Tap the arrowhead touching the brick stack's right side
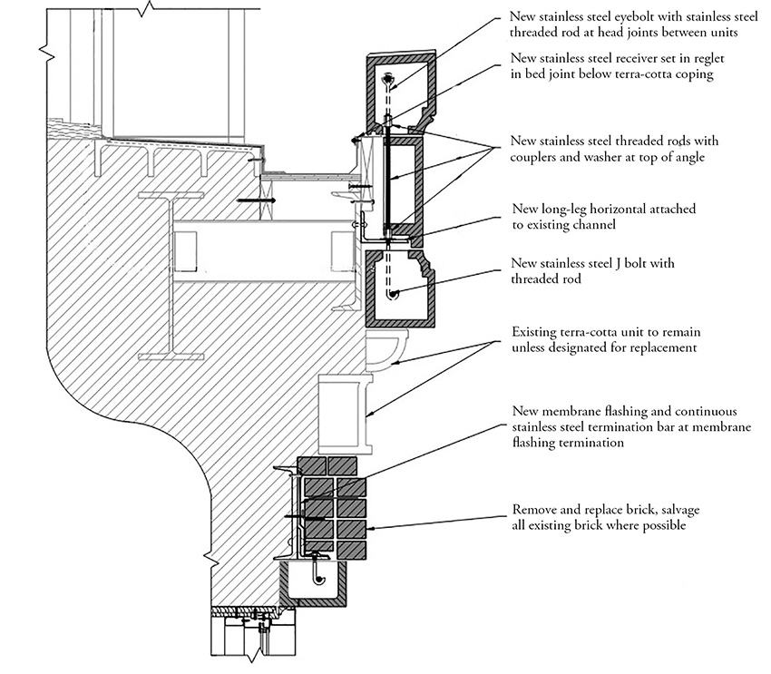tap(369, 527)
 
